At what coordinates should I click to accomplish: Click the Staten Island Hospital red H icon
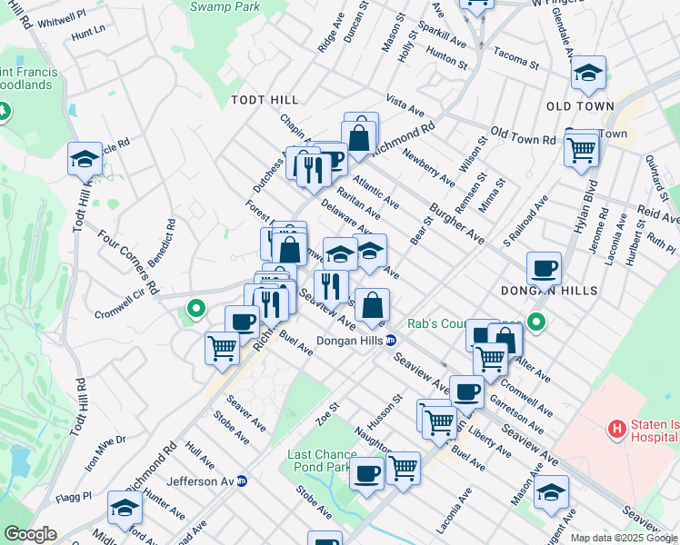coord(617,428)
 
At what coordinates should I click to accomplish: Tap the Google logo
coord(29,533)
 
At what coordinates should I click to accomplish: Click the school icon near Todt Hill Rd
coord(85,158)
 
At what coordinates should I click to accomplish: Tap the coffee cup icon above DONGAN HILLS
coord(544,268)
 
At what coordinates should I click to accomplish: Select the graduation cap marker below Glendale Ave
coord(588,74)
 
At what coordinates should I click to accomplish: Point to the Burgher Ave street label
coord(455,223)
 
